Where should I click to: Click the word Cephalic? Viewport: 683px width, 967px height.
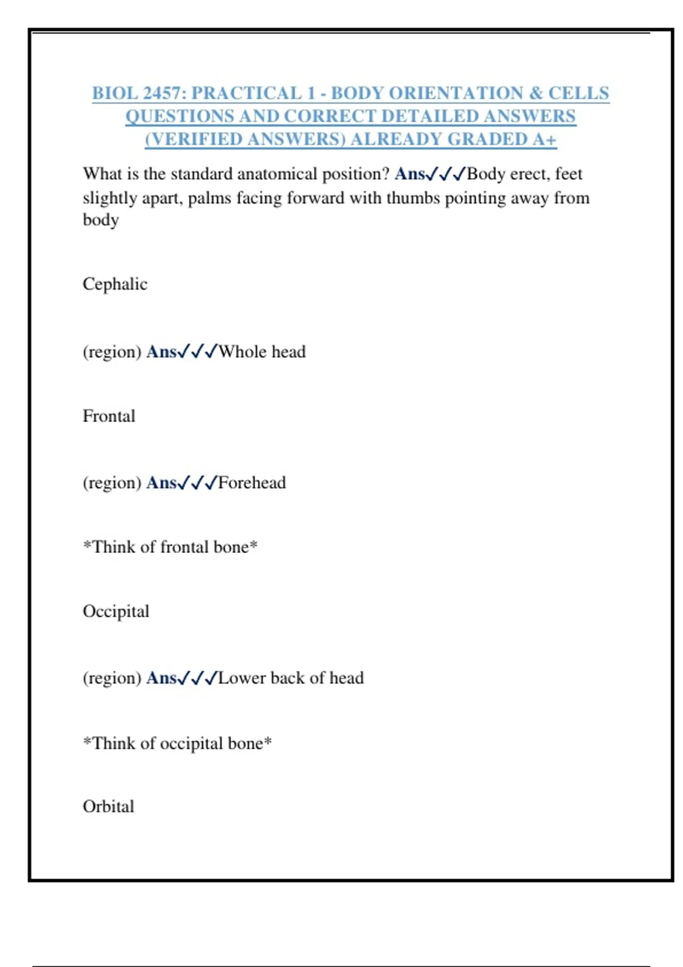point(115,284)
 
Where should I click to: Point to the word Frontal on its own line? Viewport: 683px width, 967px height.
point(109,416)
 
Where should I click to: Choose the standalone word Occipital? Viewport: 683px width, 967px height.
point(116,611)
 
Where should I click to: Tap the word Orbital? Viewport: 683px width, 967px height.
point(108,807)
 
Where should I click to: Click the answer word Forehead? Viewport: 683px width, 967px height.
point(252,483)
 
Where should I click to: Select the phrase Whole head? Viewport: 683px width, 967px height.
point(262,352)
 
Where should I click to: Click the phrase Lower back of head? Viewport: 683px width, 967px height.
point(291,678)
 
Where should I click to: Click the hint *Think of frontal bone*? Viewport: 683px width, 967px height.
point(170,547)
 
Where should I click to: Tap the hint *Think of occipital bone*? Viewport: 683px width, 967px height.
point(177,743)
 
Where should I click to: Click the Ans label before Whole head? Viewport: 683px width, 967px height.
point(161,352)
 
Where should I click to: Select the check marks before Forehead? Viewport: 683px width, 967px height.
point(197,483)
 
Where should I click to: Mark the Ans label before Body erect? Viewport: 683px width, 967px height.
point(409,174)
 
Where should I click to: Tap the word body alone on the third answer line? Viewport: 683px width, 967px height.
point(101,220)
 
